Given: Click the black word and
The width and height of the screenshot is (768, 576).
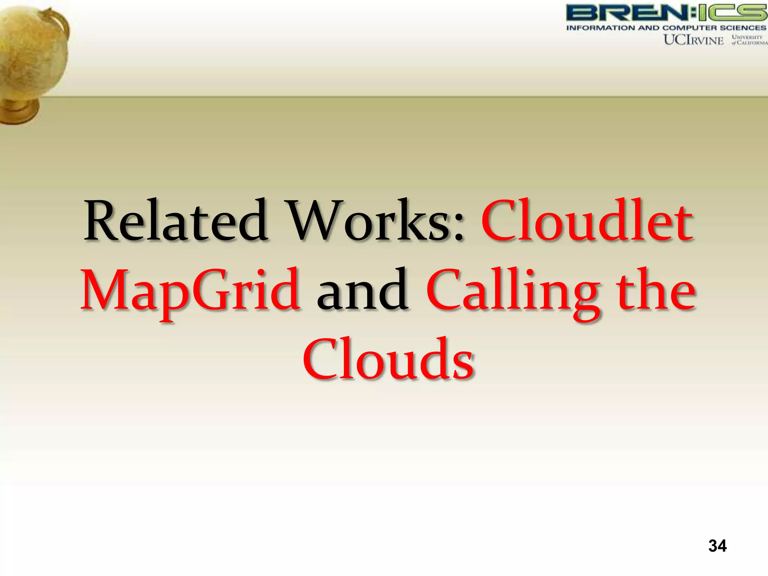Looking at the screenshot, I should [362, 291].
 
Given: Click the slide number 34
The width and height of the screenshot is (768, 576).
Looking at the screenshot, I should [717, 546].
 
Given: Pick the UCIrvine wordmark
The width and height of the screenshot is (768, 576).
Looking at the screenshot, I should [693, 40].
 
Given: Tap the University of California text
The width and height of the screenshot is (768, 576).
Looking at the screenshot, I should [748, 40].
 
